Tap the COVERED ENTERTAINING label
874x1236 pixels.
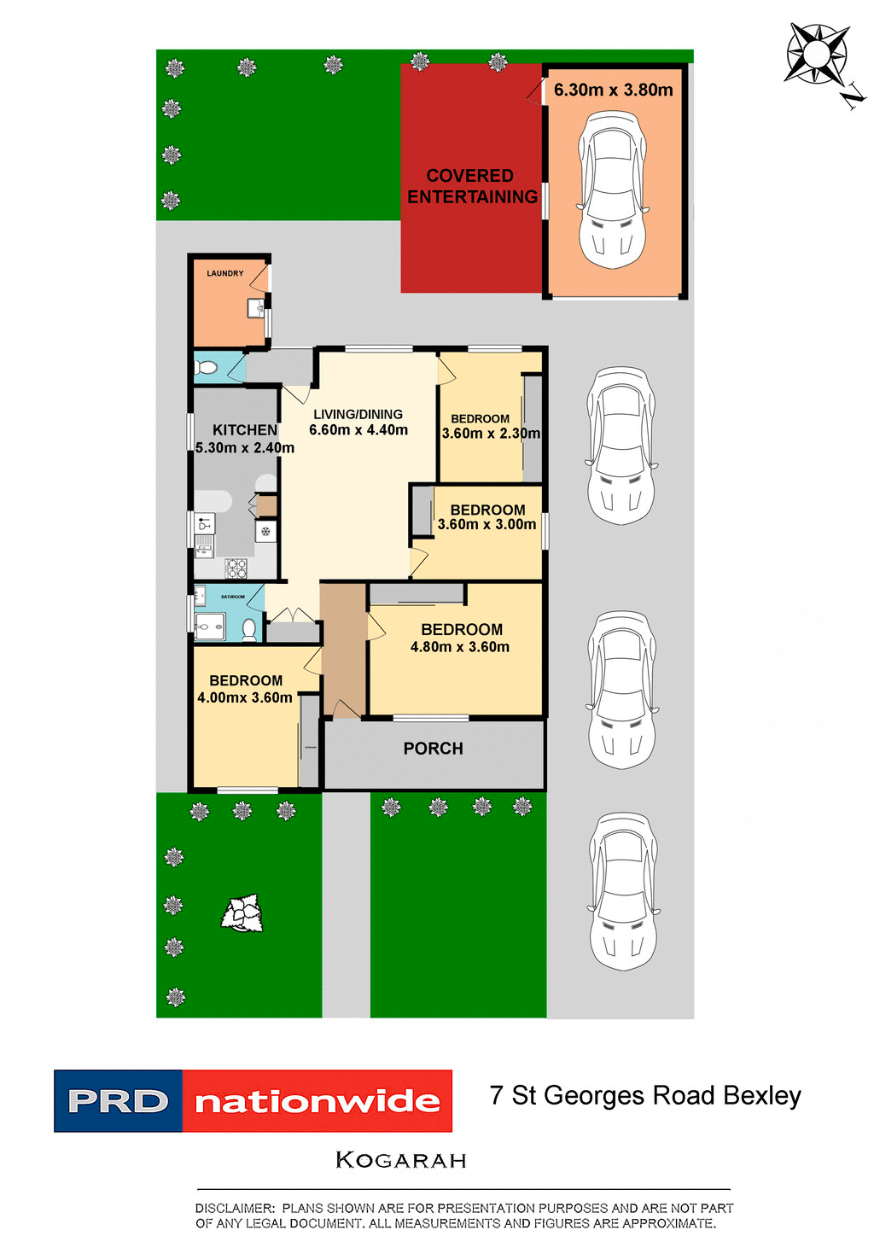point(471,186)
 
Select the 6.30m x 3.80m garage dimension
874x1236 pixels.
point(613,90)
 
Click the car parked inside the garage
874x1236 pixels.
point(613,189)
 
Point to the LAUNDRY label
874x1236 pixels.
point(225,273)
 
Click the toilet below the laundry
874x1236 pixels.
point(206,368)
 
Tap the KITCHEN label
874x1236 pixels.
point(245,430)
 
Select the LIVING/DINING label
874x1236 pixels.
point(358,414)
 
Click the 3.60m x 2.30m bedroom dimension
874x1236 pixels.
point(491,434)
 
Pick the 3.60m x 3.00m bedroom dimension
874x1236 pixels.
point(487,524)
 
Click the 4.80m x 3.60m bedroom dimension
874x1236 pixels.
point(460,647)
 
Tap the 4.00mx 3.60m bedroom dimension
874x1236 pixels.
point(245,697)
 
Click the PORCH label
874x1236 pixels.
point(433,749)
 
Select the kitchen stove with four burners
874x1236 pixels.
point(236,567)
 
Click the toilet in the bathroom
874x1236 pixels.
point(248,630)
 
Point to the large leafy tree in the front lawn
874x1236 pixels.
point(242,913)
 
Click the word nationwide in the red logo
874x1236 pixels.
point(317,1102)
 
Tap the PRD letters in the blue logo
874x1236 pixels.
point(118,1102)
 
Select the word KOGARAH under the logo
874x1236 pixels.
point(401,1160)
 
